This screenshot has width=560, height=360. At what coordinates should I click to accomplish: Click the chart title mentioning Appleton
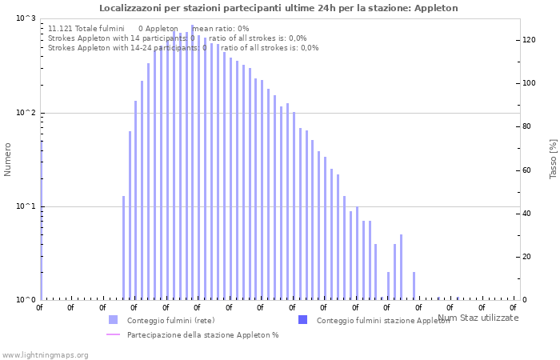coord(278,8)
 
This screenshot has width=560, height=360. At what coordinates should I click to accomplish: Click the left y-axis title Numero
coord(8,159)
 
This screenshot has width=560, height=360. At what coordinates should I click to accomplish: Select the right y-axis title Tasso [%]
coord(553,158)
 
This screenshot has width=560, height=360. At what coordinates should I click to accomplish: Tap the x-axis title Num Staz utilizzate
coord(478,318)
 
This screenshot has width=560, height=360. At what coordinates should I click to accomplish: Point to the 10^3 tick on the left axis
coord(26,19)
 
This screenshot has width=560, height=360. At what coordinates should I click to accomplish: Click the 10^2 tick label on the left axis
coord(26,113)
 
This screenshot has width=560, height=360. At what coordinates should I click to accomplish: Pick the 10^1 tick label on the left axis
coord(26,206)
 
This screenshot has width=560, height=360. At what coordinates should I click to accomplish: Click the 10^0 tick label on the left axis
coord(26,300)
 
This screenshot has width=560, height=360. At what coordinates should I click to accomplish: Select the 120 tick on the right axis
coord(528,40)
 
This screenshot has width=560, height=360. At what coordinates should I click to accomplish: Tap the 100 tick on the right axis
coord(528,83)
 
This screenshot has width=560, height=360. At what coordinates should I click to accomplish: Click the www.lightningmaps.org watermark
coord(45,354)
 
